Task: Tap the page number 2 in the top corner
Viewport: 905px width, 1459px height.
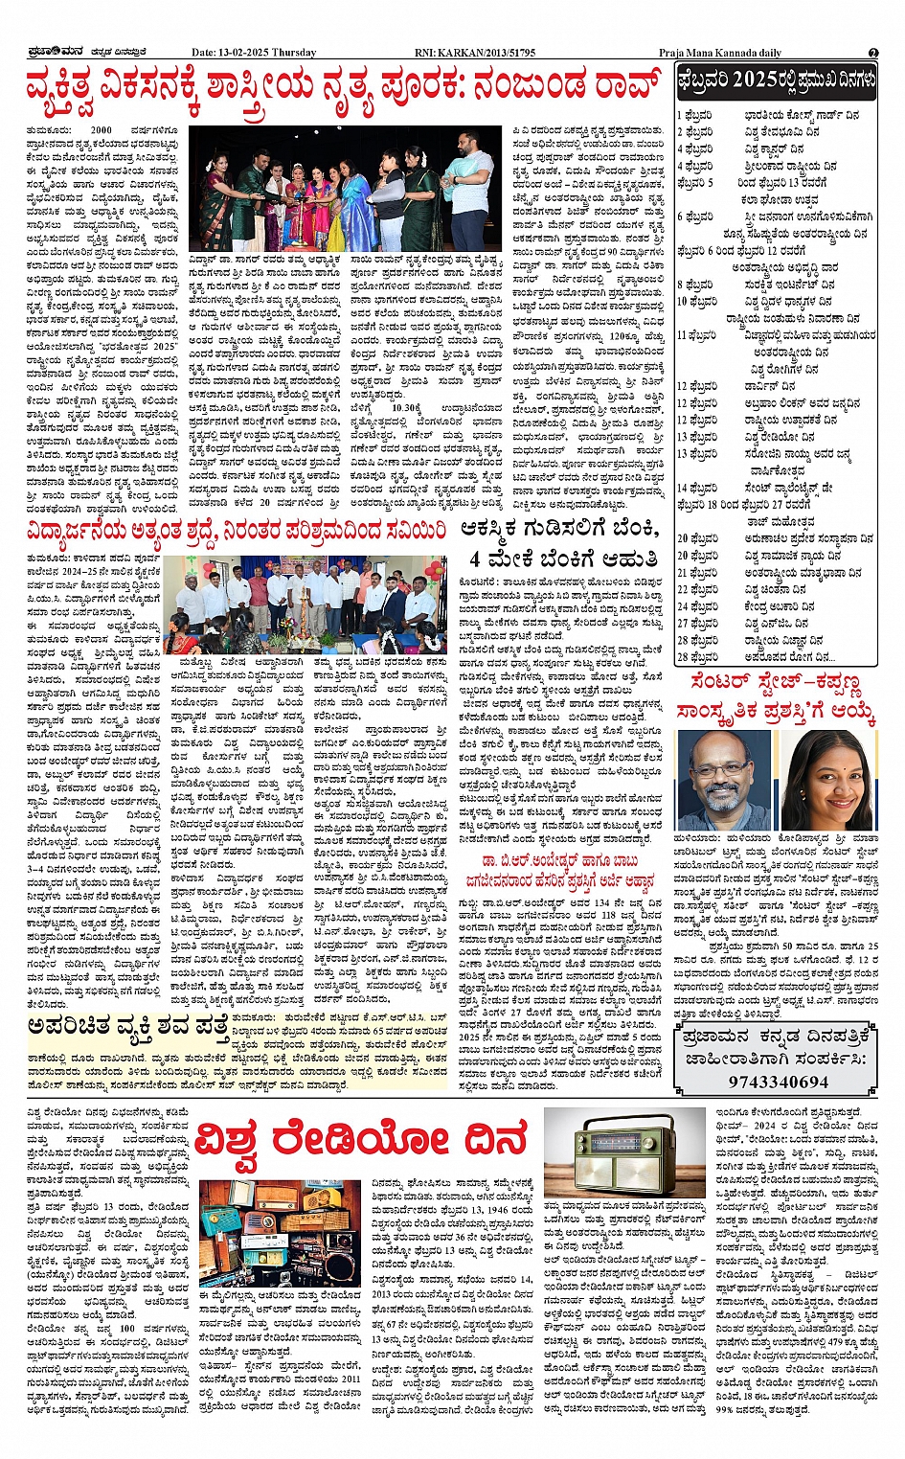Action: [x=873, y=53]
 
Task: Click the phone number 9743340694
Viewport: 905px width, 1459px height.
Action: [x=777, y=1082]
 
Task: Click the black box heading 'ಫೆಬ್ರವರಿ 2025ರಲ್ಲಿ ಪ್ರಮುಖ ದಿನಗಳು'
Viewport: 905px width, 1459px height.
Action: [x=776, y=81]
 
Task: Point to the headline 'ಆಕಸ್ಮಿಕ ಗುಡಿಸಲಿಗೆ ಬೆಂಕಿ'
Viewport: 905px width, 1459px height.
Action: [x=559, y=529]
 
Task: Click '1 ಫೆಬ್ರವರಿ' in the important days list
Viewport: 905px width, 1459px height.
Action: [x=694, y=115]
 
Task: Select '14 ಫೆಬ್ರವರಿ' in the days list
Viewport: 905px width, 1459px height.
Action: [x=696, y=489]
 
